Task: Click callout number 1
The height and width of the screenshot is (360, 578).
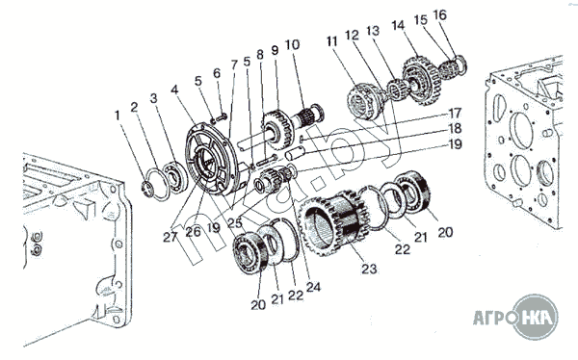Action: point(118,116)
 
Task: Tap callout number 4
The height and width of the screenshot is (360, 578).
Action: point(174,90)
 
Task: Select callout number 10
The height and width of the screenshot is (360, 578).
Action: point(292,45)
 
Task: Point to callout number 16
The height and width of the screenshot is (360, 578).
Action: point(440,15)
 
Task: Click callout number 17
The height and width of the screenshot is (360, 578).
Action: point(455,114)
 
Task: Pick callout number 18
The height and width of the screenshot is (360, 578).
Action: point(455,128)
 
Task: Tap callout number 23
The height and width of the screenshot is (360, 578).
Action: point(369,269)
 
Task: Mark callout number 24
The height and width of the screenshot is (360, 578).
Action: point(313,287)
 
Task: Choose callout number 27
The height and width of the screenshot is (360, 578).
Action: point(171,237)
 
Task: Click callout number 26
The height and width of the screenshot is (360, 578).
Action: point(193,231)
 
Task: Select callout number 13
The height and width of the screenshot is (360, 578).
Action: point(373,31)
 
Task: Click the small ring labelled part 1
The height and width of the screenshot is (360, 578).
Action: point(148,189)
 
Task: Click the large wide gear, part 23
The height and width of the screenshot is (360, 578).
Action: point(333,222)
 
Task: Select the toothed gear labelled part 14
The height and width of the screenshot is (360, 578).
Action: point(421,80)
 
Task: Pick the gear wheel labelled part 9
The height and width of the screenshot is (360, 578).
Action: point(278,129)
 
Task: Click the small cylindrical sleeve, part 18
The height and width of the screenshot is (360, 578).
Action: point(296,152)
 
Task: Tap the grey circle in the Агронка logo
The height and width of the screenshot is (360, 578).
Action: point(536,317)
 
